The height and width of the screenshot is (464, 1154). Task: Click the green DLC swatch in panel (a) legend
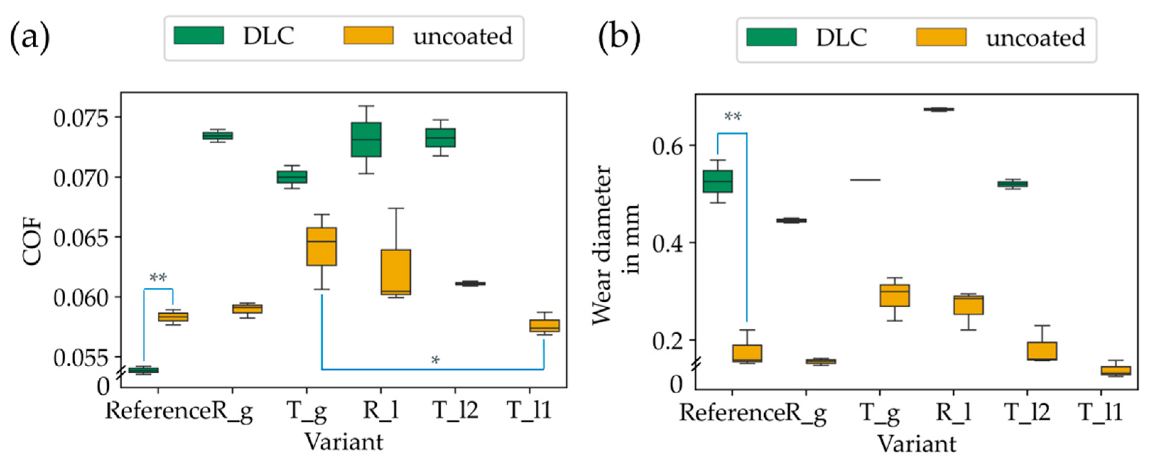click(x=199, y=36)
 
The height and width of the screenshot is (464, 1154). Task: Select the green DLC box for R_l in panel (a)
click(x=366, y=139)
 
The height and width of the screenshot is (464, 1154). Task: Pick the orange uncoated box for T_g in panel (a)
click(x=322, y=246)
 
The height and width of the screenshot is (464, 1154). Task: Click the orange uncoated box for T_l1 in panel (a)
click(x=544, y=325)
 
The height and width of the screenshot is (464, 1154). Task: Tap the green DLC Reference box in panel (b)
click(x=717, y=182)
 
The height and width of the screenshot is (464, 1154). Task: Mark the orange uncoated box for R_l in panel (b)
click(x=969, y=305)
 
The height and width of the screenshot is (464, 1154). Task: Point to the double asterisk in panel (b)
click(x=733, y=117)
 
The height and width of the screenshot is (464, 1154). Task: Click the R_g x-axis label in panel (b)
click(x=807, y=412)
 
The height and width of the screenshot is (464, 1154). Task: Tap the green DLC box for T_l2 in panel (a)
click(x=440, y=137)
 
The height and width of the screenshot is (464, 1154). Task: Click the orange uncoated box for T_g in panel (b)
click(x=895, y=295)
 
